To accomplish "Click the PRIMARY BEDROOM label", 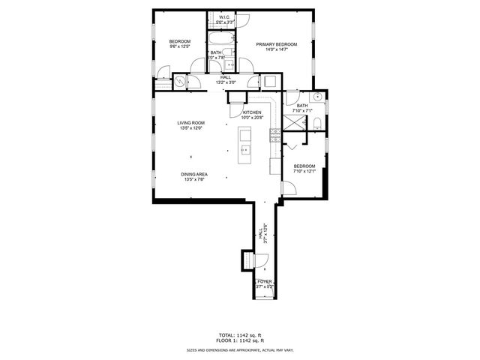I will [276, 45].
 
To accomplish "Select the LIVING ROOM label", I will [190, 123].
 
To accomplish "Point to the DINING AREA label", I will [193, 174].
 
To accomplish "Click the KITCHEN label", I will [251, 112].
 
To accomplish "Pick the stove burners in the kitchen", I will [274, 136].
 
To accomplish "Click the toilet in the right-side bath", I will [318, 122].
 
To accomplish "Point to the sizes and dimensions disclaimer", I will [239, 349].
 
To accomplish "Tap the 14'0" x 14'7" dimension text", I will [276, 50].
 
